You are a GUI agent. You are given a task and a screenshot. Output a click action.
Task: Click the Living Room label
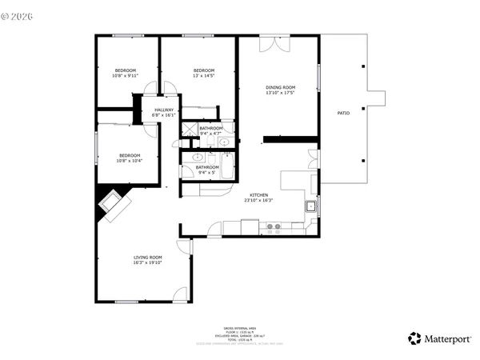[147, 259]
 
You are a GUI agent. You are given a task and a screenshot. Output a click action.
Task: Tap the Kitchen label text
[258, 198]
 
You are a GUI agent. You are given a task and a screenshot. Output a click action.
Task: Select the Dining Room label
[281, 90]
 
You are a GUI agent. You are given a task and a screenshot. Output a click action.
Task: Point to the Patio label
[343, 114]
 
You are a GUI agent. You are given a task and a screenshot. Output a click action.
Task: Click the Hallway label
[164, 112]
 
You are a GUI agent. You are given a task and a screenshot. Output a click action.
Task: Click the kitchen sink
[310, 207]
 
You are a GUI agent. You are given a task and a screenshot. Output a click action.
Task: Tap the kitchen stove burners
[274, 227]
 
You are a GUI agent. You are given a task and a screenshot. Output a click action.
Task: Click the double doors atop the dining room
[280, 42]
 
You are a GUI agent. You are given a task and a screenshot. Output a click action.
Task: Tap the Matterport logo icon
[414, 338]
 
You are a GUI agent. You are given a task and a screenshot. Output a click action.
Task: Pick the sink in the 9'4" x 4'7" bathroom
[225, 142]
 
